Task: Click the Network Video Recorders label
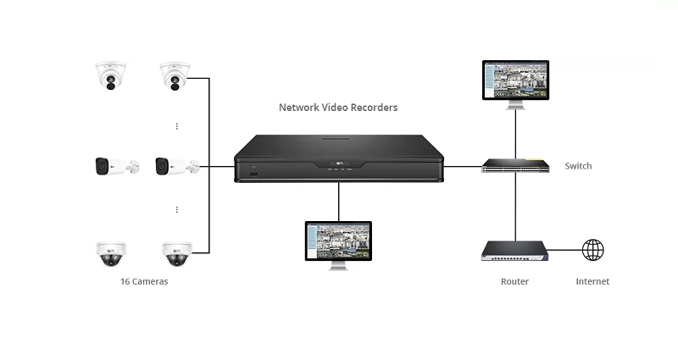pyautogui.click(x=338, y=108)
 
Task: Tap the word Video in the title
pyautogui.click(x=337, y=108)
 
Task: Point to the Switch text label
pyautogui.click(x=578, y=166)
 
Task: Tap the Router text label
pyautogui.click(x=514, y=281)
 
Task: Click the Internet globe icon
pyautogui.click(x=592, y=250)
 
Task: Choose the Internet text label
pyautogui.click(x=592, y=281)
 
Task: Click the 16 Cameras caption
pyautogui.click(x=144, y=281)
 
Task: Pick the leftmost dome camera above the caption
pyautogui.click(x=111, y=252)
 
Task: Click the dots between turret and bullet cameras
pyautogui.click(x=176, y=125)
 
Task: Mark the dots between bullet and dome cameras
pyautogui.click(x=176, y=209)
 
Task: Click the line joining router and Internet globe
pyautogui.click(x=564, y=250)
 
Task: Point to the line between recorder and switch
pyautogui.click(x=463, y=166)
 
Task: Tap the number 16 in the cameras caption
pyautogui.click(x=125, y=281)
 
